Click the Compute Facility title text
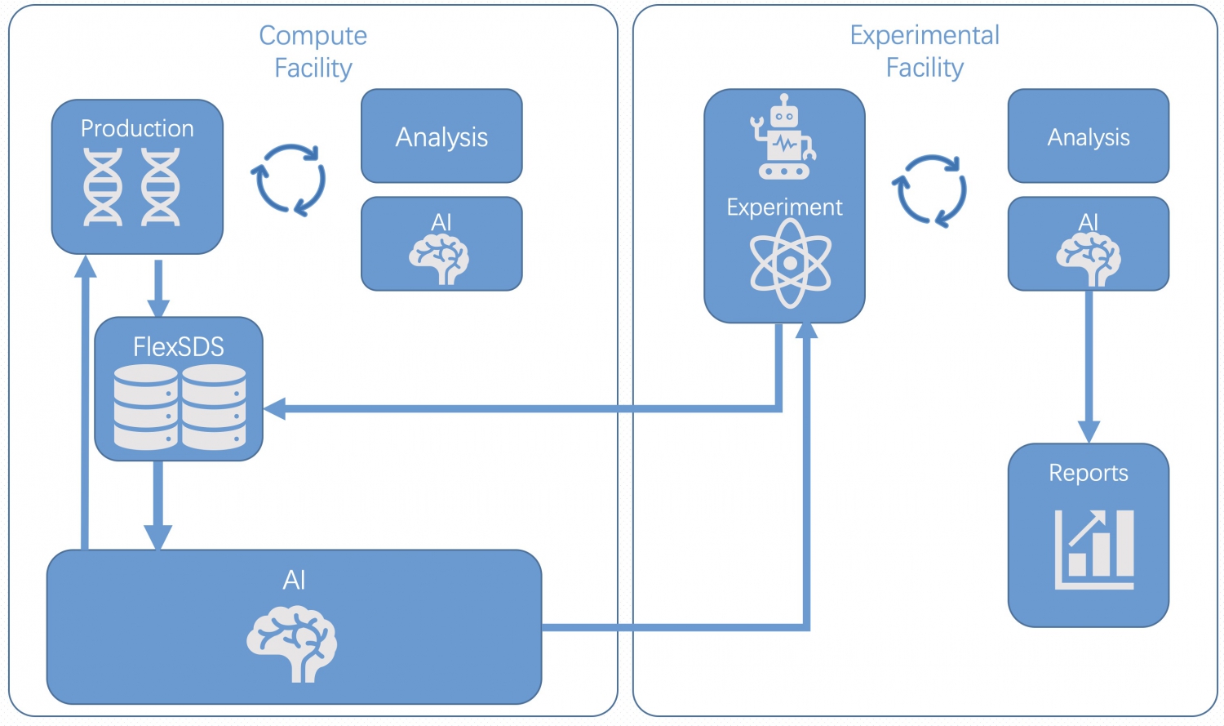point(313,51)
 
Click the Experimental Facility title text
point(925,51)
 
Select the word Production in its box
point(137,128)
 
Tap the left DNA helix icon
point(104,187)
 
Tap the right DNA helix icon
point(161,187)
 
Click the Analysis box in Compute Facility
point(441,136)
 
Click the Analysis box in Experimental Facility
point(1088,136)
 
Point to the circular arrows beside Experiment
point(929,190)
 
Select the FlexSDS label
point(179,347)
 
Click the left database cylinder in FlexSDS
point(145,407)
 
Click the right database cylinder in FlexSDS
point(214,407)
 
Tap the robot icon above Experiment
point(783,138)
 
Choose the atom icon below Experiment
point(790,264)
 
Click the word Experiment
point(784,207)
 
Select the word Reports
point(1088,473)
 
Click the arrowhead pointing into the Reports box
point(1089,431)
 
